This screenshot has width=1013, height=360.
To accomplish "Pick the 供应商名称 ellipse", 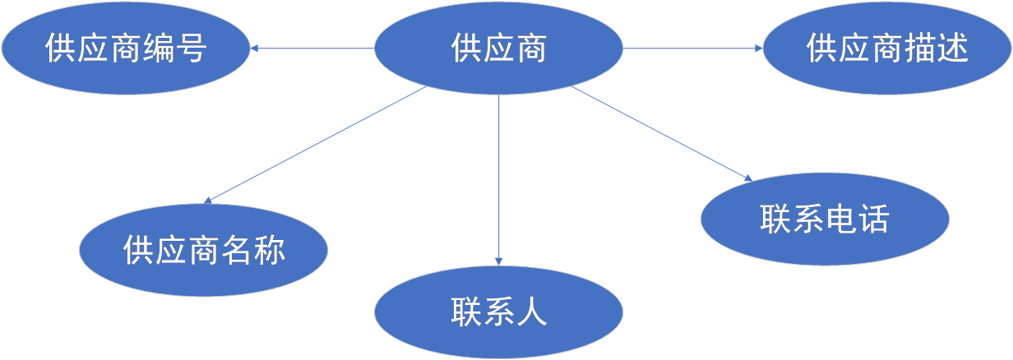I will [x=204, y=249].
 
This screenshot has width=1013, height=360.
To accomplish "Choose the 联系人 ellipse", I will [x=499, y=312].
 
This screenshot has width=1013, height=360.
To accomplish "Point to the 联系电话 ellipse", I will [x=825, y=219].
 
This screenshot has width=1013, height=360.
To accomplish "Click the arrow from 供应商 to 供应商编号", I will [x=312, y=48].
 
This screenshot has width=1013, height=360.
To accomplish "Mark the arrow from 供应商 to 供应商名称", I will [x=317, y=144].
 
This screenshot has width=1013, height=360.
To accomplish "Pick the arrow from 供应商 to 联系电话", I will [x=662, y=133].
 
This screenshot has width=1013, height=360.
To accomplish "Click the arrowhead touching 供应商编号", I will [x=255, y=48].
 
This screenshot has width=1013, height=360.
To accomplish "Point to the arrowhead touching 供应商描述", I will [x=758, y=48].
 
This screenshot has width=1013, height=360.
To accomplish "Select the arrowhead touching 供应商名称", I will [x=209, y=200].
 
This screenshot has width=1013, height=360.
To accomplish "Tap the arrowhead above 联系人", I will [x=499, y=260].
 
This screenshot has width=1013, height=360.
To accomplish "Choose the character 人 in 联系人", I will [x=532, y=312].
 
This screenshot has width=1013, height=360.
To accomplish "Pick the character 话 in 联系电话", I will [x=873, y=219].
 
